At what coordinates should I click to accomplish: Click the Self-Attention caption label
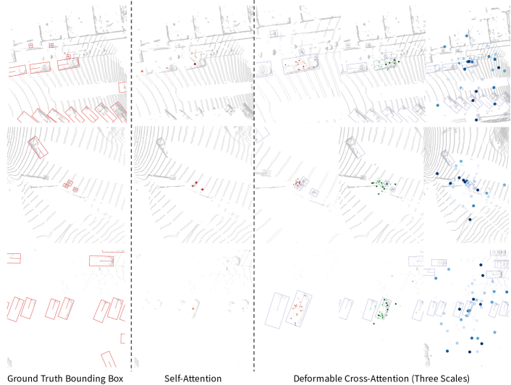[193, 378]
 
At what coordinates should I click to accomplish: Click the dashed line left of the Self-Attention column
[131, 186]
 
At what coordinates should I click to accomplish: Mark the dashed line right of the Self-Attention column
[254, 186]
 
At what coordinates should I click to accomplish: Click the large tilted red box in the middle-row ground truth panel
[38, 148]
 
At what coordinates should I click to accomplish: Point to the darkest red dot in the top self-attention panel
[195, 64]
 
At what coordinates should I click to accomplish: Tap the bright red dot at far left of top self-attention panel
[142, 71]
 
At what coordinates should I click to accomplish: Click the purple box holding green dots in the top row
[387, 64]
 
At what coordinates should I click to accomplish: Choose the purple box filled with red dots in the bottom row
[299, 308]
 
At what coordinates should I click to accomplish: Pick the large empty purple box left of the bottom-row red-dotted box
[276, 310]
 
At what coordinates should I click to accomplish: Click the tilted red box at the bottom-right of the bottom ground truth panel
[109, 359]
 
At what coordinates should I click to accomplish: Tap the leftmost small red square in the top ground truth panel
[31, 46]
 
